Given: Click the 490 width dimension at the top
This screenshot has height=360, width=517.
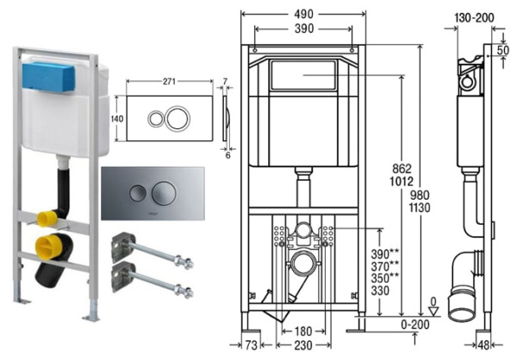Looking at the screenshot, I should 302,14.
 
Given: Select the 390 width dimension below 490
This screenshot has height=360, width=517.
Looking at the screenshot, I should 302,28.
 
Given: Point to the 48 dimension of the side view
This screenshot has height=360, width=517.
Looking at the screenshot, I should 484,345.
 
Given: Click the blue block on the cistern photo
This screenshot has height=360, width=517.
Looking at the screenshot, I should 52,77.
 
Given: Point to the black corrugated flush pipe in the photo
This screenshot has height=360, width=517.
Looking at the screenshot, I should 62,189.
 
